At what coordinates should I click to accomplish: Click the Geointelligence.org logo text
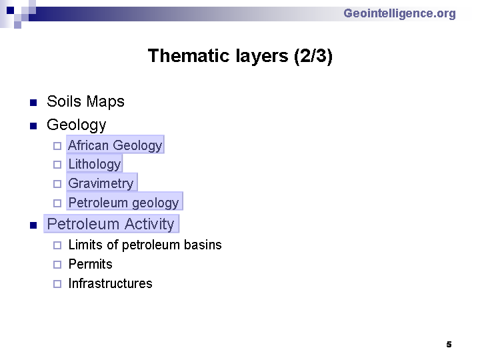click(x=399, y=14)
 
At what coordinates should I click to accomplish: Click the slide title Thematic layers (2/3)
click(x=240, y=56)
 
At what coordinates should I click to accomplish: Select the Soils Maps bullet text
click(x=85, y=101)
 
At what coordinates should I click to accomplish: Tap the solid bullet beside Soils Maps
click(x=33, y=103)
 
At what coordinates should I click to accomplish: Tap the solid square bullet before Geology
click(x=33, y=126)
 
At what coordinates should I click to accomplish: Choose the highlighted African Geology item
click(x=115, y=145)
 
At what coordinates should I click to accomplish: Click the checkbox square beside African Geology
click(x=57, y=146)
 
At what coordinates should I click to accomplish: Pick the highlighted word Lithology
click(x=94, y=164)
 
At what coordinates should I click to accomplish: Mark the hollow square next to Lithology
click(x=57, y=165)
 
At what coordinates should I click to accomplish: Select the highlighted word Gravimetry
click(x=102, y=183)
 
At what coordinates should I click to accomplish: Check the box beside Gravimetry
click(x=57, y=184)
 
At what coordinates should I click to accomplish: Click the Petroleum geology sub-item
click(x=125, y=201)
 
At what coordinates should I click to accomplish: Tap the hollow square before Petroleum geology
click(x=57, y=203)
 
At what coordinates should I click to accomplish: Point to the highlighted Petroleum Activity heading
click(x=111, y=224)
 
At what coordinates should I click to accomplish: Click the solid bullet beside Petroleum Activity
click(x=33, y=226)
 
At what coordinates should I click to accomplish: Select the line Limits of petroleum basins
click(x=145, y=245)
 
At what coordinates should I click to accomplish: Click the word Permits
click(x=90, y=264)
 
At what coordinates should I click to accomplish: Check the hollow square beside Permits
click(x=57, y=265)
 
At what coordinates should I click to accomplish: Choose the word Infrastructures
click(x=110, y=283)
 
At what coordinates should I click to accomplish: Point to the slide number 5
click(x=449, y=345)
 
